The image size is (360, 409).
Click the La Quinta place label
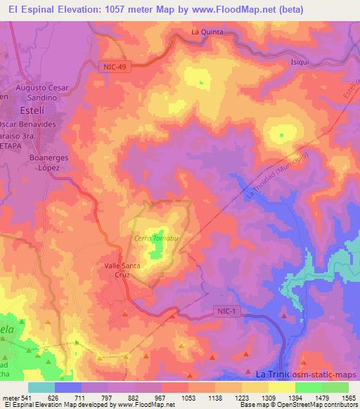[x=206, y=32]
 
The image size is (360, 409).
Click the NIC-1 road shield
[x=224, y=310]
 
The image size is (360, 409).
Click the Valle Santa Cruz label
[x=122, y=271]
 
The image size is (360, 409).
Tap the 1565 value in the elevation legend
[x=345, y=398]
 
